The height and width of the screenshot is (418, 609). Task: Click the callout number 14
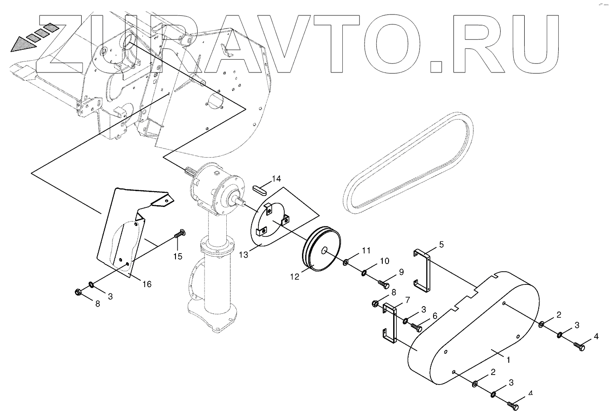click(x=276, y=178)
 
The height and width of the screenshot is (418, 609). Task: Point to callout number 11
click(x=366, y=250)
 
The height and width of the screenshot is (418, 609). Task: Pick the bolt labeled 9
click(x=383, y=284)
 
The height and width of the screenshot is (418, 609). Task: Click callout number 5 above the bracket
click(x=441, y=245)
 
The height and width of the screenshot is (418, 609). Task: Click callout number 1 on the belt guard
click(x=509, y=360)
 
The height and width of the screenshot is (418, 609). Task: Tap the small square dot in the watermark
click(x=434, y=66)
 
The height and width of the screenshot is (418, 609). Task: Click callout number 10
click(x=384, y=261)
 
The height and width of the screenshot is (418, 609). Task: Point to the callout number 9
click(x=401, y=272)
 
